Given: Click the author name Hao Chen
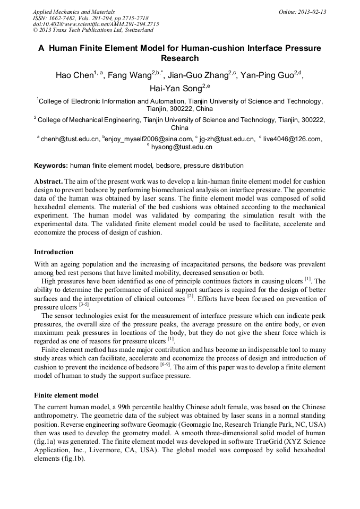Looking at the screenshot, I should pyautogui.click(x=74, y=75).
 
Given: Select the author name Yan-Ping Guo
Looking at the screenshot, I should pyautogui.click(x=267, y=75).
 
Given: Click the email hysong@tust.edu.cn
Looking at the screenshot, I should pyautogui.click(x=182, y=147).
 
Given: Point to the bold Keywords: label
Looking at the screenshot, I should pyautogui.click(x=51, y=166).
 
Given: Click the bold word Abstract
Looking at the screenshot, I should pyautogui.click(x=49, y=181).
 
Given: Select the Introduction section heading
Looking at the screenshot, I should pyautogui.click(x=54, y=252).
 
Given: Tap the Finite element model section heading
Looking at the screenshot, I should pyautogui.click(x=66, y=395).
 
